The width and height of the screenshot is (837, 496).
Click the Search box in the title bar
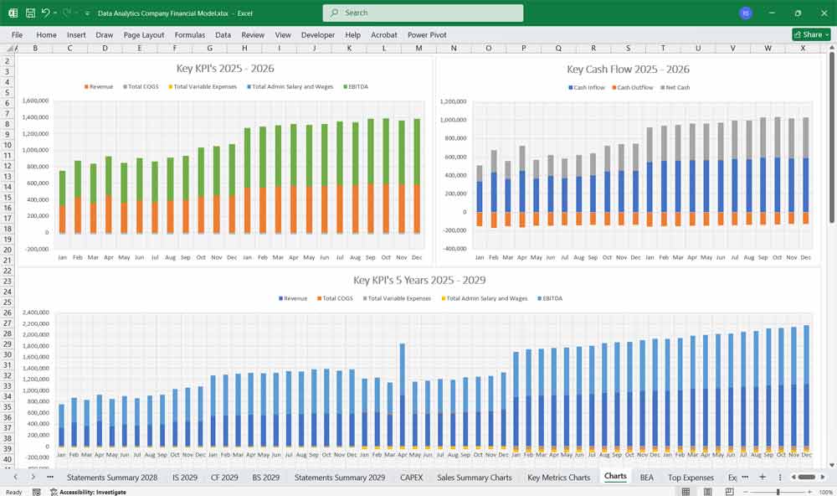point(423,13)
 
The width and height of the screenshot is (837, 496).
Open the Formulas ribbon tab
point(189,35)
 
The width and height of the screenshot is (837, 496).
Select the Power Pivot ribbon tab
point(427,35)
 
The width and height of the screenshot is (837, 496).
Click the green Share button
point(810,35)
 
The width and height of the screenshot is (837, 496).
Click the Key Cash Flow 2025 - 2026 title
point(628,70)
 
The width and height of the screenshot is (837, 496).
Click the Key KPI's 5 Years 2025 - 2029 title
point(418,281)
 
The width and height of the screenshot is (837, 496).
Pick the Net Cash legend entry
point(676,88)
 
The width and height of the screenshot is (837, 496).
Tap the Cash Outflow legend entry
point(634,88)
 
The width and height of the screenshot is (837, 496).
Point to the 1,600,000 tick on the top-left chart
point(36,101)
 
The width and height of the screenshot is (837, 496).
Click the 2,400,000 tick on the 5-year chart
point(36,313)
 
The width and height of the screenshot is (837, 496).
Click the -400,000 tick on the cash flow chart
point(453,249)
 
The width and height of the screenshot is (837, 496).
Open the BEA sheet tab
point(646,477)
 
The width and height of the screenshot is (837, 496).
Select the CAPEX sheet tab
point(411,477)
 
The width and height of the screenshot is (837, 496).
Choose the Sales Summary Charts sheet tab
point(474,477)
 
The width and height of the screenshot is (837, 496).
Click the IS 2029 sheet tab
point(184,477)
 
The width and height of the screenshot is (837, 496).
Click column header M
point(418,49)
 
